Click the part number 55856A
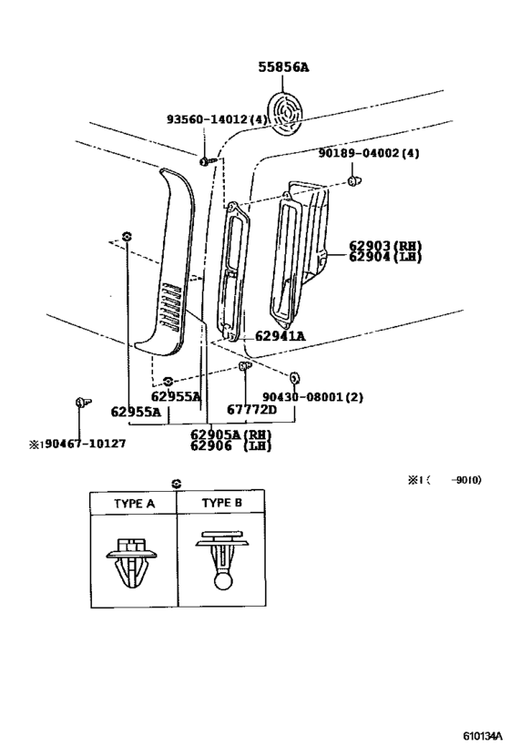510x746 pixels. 283,67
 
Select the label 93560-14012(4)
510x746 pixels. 217,119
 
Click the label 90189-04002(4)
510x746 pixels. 369,153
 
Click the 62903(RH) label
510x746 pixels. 385,246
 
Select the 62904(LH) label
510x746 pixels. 385,257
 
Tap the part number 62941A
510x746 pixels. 280,336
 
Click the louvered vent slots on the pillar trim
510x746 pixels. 171,305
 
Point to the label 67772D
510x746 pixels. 251,409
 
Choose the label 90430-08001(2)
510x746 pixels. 313,397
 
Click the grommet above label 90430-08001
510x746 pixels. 294,378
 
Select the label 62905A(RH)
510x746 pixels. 230,434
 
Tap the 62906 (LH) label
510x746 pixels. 230,445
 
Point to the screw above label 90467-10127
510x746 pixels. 83,403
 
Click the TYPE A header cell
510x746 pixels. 134,504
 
